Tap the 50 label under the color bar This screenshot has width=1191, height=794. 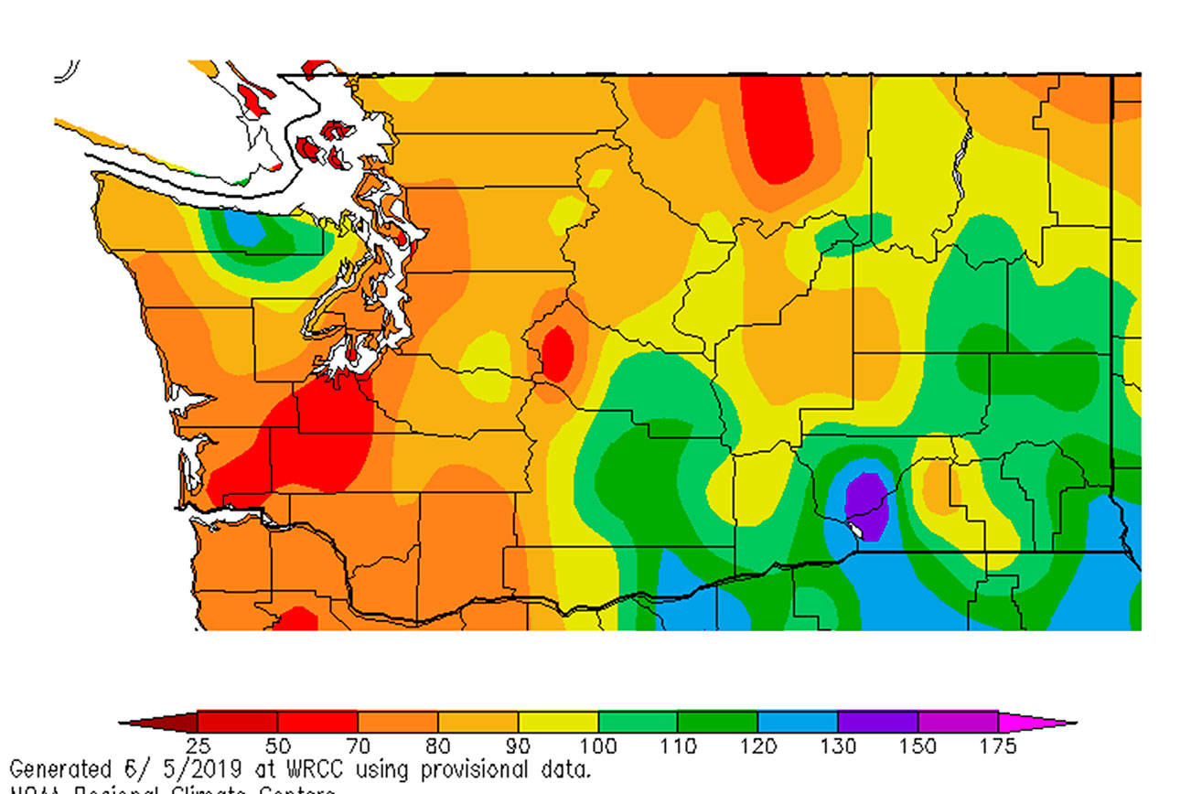[277, 747]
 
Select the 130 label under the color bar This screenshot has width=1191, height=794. [838, 747]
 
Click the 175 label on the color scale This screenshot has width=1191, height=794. [998, 747]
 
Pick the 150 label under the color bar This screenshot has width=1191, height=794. [917, 747]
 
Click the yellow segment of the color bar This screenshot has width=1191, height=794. [557, 722]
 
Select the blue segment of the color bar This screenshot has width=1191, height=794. [797, 722]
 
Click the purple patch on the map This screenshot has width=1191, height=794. [865, 504]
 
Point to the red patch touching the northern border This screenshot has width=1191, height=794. [778, 128]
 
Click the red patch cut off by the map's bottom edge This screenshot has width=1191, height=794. [295, 620]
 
